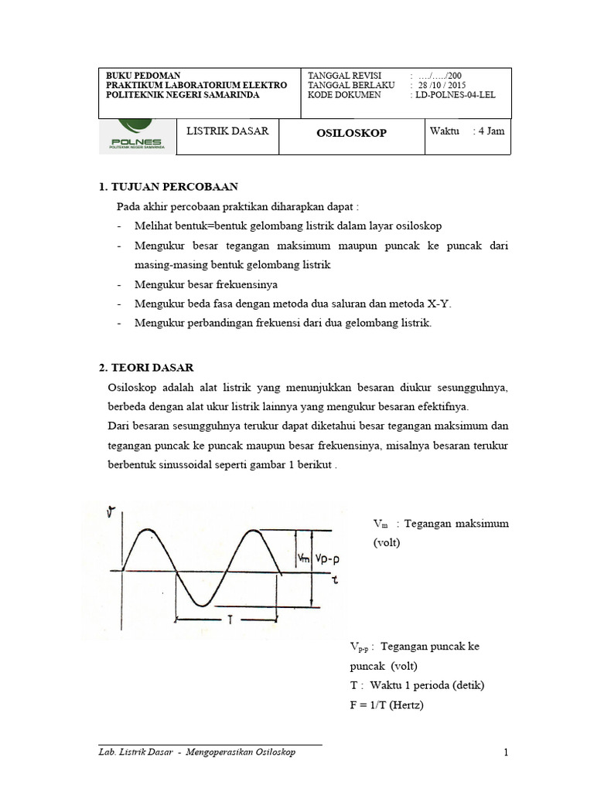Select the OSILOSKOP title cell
[x=351, y=133]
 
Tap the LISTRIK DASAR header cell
[x=227, y=131]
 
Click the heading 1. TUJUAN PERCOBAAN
[x=169, y=187]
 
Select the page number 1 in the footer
[x=506, y=752]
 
